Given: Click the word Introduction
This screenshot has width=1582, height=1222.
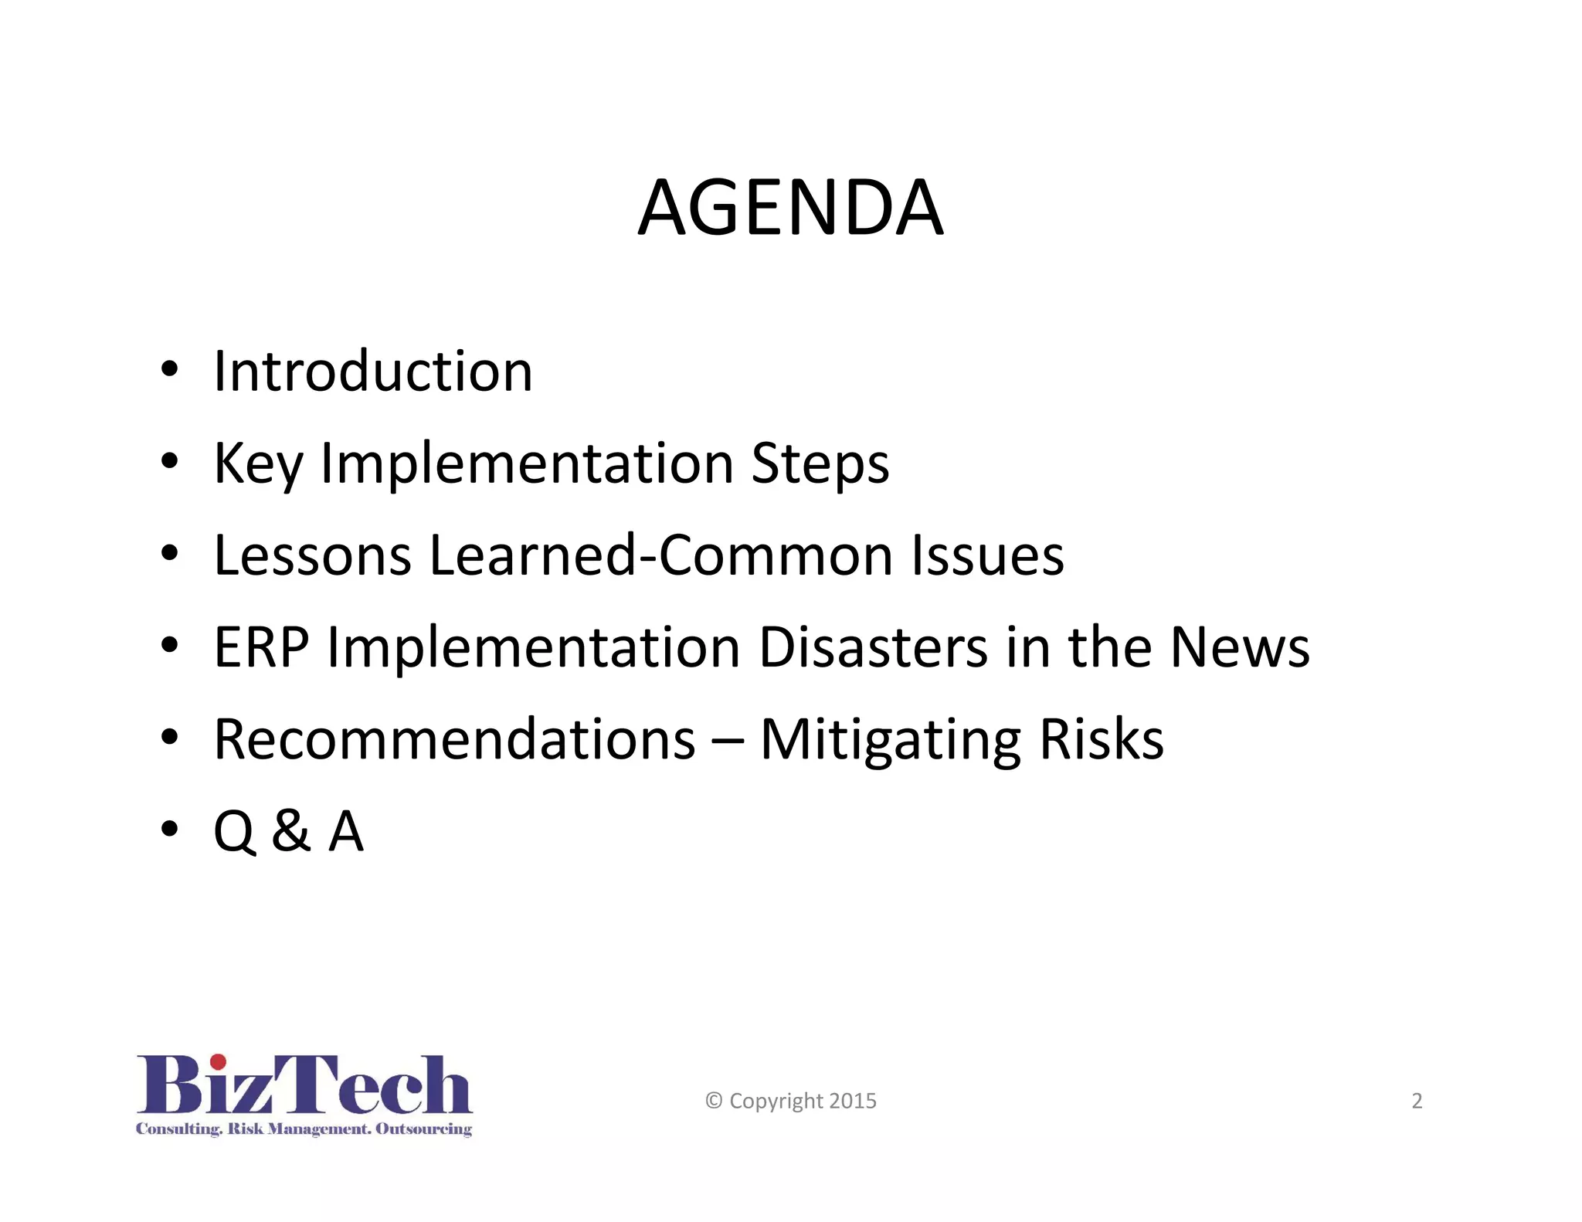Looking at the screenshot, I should click(x=373, y=372).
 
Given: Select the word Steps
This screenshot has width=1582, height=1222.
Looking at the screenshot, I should click(x=820, y=463).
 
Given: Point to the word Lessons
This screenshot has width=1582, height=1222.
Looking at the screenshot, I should click(x=312, y=555).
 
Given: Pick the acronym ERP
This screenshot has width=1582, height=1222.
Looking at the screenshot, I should click(x=261, y=647).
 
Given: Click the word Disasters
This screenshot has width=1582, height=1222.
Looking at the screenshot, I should click(x=873, y=647).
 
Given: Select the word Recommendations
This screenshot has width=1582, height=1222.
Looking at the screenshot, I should click(x=454, y=739).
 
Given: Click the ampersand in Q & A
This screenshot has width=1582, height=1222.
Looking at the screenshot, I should click(x=291, y=831).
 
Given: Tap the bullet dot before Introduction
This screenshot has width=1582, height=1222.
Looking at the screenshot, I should click(x=169, y=368).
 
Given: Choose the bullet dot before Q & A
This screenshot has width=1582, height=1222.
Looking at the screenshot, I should click(x=169, y=828).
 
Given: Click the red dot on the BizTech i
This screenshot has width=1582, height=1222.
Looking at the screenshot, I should click(x=219, y=1062).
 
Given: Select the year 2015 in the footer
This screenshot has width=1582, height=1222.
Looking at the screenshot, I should click(x=854, y=1101).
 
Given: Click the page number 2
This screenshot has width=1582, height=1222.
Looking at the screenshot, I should click(x=1417, y=1101).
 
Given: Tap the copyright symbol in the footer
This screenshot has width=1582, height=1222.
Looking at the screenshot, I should click(x=714, y=1101).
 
